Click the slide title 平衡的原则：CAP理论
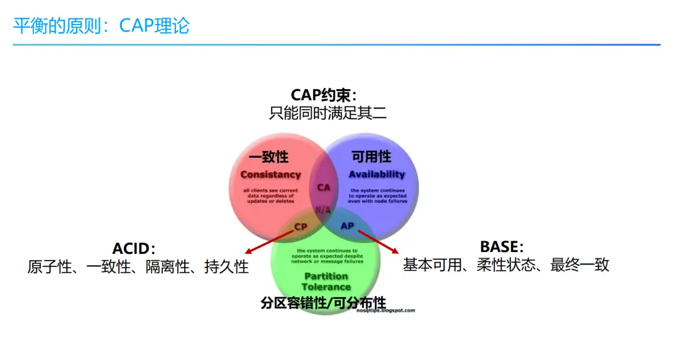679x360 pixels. [x=101, y=26]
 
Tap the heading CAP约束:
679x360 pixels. [x=324, y=95]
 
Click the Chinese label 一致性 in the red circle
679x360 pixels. [x=268, y=156]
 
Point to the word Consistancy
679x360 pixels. [x=270, y=174]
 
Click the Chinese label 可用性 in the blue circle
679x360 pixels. [x=371, y=156]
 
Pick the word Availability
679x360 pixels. [x=377, y=174]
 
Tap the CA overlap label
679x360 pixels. [x=324, y=187]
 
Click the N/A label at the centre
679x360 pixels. [x=323, y=210]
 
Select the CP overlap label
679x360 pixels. [x=301, y=226]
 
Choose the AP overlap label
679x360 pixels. [x=347, y=226]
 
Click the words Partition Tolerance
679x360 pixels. [x=326, y=281]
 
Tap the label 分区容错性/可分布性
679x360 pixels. [x=323, y=303]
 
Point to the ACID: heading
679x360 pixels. [x=134, y=249]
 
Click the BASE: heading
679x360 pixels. [x=501, y=246]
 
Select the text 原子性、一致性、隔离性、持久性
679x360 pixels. [x=138, y=267]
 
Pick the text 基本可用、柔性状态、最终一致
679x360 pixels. [x=506, y=265]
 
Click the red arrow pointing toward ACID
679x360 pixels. [x=267, y=242]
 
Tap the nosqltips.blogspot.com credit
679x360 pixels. [x=385, y=310]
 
